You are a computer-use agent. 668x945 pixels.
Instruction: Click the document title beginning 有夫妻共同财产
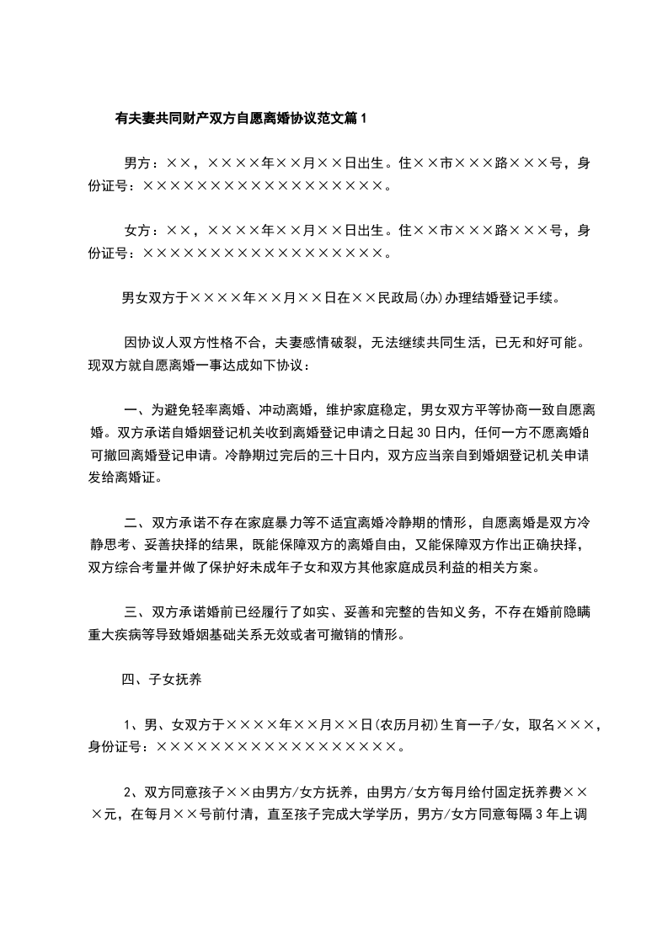[x=241, y=119]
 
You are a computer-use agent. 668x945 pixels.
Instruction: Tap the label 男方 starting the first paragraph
[x=136, y=163]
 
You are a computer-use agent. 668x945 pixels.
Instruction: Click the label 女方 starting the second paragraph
[x=136, y=230]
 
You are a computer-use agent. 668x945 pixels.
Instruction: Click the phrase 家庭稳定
[x=367, y=410]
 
